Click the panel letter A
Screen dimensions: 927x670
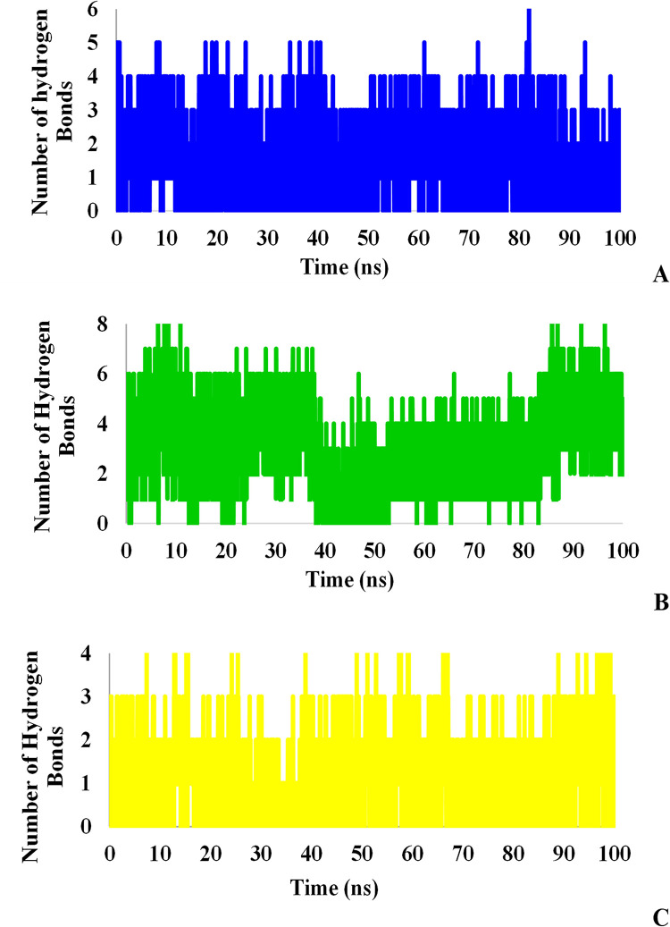[660, 276]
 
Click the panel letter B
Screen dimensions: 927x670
[660, 602]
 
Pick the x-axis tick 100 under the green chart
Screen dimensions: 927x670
[623, 549]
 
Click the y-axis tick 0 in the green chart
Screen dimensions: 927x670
[105, 525]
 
